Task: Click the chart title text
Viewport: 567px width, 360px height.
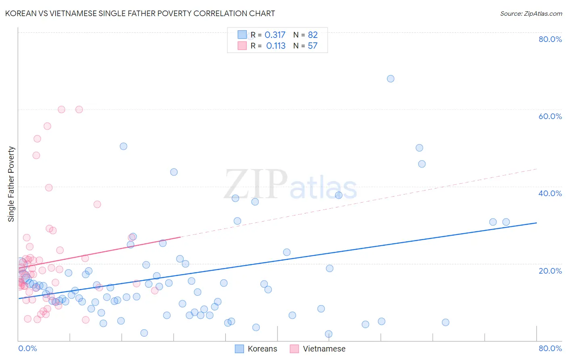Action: click(x=140, y=13)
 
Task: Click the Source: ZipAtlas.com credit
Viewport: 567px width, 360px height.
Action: click(x=531, y=13)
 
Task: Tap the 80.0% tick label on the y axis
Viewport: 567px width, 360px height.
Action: click(x=550, y=39)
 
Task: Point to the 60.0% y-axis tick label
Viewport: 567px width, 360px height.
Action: click(x=550, y=116)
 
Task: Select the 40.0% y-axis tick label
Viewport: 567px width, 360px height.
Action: click(x=550, y=193)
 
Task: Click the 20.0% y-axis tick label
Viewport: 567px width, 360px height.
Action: click(x=550, y=271)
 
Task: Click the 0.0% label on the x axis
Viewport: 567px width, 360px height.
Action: click(x=27, y=348)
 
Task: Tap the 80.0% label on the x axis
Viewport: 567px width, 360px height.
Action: click(x=550, y=348)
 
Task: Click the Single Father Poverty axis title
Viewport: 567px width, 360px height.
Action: click(x=11, y=184)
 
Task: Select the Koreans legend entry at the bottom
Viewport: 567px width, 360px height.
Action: click(x=256, y=349)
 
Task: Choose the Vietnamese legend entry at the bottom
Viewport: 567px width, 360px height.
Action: click(x=318, y=349)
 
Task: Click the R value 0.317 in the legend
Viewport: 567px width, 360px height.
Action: click(x=275, y=35)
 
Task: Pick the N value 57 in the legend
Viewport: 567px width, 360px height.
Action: click(x=313, y=46)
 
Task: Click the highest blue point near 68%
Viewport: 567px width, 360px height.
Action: click(x=390, y=79)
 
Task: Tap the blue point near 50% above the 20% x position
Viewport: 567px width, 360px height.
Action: click(x=123, y=147)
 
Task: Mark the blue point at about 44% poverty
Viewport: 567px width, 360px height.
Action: click(x=174, y=172)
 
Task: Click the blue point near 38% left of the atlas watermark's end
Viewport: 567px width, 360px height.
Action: click(x=339, y=195)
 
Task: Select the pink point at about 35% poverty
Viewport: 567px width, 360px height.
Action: click(x=97, y=204)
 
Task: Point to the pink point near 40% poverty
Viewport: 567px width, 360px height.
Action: click(x=49, y=188)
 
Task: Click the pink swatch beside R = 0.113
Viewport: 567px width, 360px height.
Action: click(x=242, y=46)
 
